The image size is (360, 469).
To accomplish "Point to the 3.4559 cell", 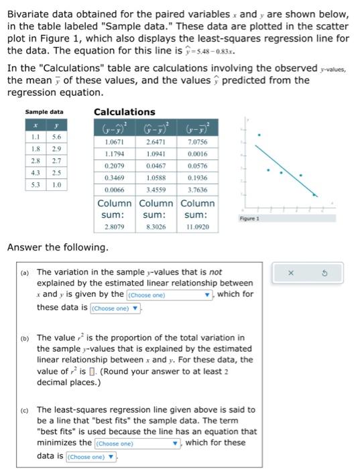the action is tap(156, 190).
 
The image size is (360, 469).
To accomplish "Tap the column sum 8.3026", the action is tap(156, 228).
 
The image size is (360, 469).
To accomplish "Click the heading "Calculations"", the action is tap(124, 112).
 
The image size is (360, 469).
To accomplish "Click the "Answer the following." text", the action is tap(57, 248).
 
